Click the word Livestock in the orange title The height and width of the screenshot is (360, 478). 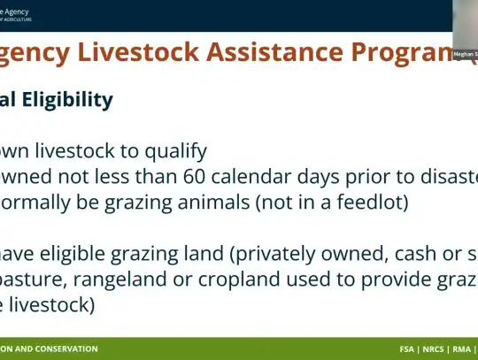click(x=136, y=53)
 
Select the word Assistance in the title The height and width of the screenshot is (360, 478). click(x=282, y=53)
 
